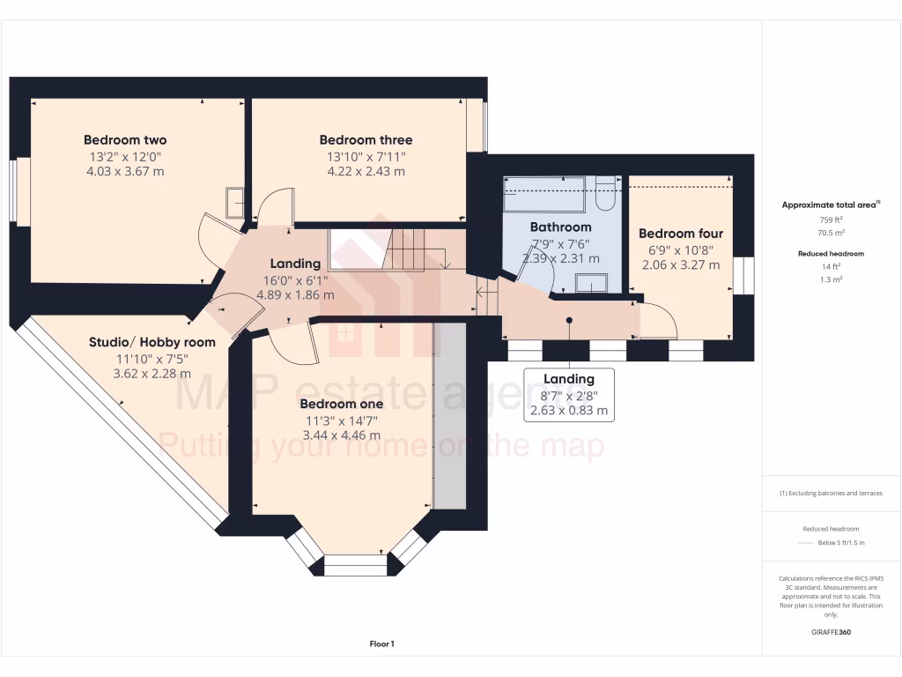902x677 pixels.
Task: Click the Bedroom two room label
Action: point(125,140)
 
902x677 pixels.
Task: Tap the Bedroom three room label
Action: point(366,140)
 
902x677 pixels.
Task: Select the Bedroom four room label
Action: point(680,234)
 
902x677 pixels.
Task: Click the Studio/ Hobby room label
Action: point(152,342)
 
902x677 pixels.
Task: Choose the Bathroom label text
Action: point(560,227)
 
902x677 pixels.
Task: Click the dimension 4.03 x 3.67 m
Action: point(125,172)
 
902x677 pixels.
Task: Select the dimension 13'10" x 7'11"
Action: point(366,157)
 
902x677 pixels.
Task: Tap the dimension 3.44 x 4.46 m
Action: point(341,435)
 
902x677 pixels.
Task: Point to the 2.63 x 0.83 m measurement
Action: point(568,411)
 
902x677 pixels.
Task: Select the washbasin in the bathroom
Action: point(591,283)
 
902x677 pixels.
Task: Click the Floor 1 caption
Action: point(381,644)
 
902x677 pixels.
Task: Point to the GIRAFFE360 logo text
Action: point(832,632)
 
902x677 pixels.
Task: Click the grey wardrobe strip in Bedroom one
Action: point(449,414)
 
